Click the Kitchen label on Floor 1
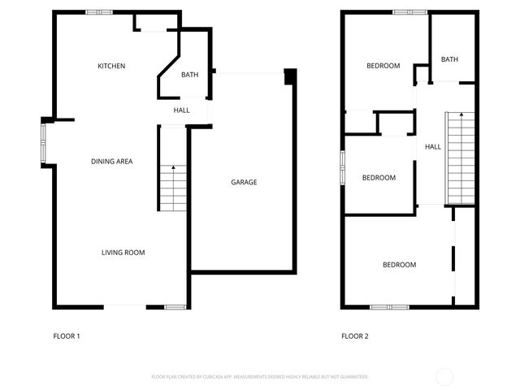111,66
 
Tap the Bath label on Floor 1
189,76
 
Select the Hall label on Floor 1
181,110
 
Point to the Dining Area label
111,162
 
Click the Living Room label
123,253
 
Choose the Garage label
244,182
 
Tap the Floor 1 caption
67,336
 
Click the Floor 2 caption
355,336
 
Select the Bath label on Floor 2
449,59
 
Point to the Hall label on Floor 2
433,147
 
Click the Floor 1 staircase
171,187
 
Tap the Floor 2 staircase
459,158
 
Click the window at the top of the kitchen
98,12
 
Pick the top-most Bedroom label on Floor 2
383,66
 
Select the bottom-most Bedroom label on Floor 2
399,265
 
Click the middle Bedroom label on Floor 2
379,178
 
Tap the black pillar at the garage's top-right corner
290,76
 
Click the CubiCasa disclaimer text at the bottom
260,377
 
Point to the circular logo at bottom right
444,376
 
